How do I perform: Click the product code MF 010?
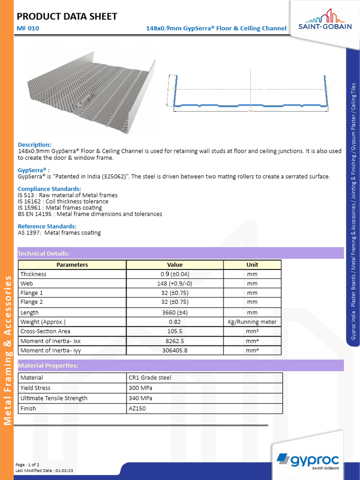click(28, 28)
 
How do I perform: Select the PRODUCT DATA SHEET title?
click(67, 17)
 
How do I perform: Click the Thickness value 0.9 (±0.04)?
click(175, 274)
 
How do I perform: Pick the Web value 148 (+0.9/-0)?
click(175, 284)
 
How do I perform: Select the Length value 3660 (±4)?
click(175, 312)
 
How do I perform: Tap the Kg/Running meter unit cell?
click(252, 322)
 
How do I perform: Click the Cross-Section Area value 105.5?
click(175, 331)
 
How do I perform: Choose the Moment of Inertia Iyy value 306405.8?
click(175, 350)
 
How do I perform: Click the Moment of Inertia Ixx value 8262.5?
click(175, 341)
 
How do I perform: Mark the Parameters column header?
click(72, 265)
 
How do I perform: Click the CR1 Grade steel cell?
click(150, 378)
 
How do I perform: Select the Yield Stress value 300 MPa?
click(141, 388)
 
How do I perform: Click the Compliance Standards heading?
click(52, 189)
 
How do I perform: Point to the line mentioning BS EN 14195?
click(90, 214)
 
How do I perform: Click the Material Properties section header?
click(48, 366)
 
